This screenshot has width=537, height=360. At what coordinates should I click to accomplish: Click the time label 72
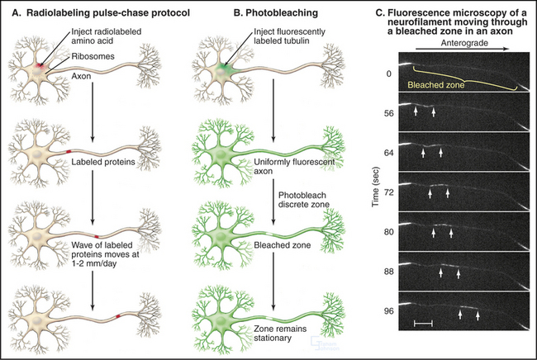(379, 192)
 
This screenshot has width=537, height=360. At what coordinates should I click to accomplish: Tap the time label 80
(379, 232)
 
